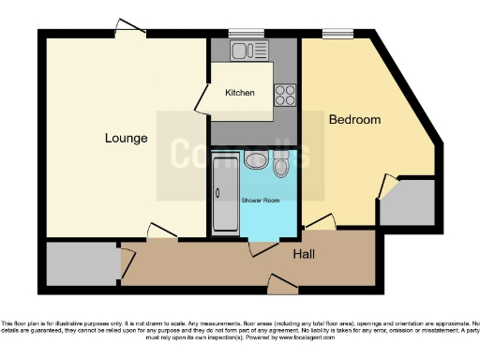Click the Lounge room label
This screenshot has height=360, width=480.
pos(126,139)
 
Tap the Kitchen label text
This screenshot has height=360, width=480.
pos(240,94)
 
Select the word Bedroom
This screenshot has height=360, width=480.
pos(354,120)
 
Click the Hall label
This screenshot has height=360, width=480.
pos(304,254)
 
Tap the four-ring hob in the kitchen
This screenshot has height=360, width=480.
pos(284,95)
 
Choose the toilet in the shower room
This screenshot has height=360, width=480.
pos(281,167)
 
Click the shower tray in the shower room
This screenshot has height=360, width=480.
pos(225,195)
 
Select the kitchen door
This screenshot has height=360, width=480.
pos(202,100)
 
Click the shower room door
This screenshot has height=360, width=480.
pos(262,247)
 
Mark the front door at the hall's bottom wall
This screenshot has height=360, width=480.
pos(279,281)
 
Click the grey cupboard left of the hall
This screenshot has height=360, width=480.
pos(80,264)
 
